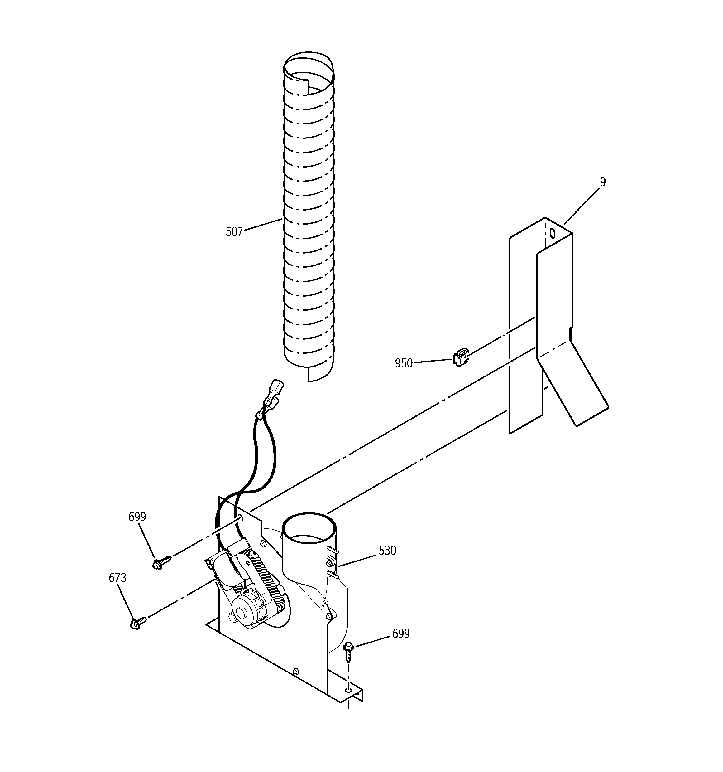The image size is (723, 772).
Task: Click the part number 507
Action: (234, 232)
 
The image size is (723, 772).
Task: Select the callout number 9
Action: (602, 182)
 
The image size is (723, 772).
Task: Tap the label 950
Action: (404, 363)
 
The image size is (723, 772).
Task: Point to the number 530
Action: (387, 550)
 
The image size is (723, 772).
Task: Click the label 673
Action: (117, 578)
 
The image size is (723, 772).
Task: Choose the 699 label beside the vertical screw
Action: (401, 634)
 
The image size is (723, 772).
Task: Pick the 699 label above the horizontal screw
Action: (137, 517)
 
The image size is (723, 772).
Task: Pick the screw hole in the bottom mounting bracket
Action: (348, 689)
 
